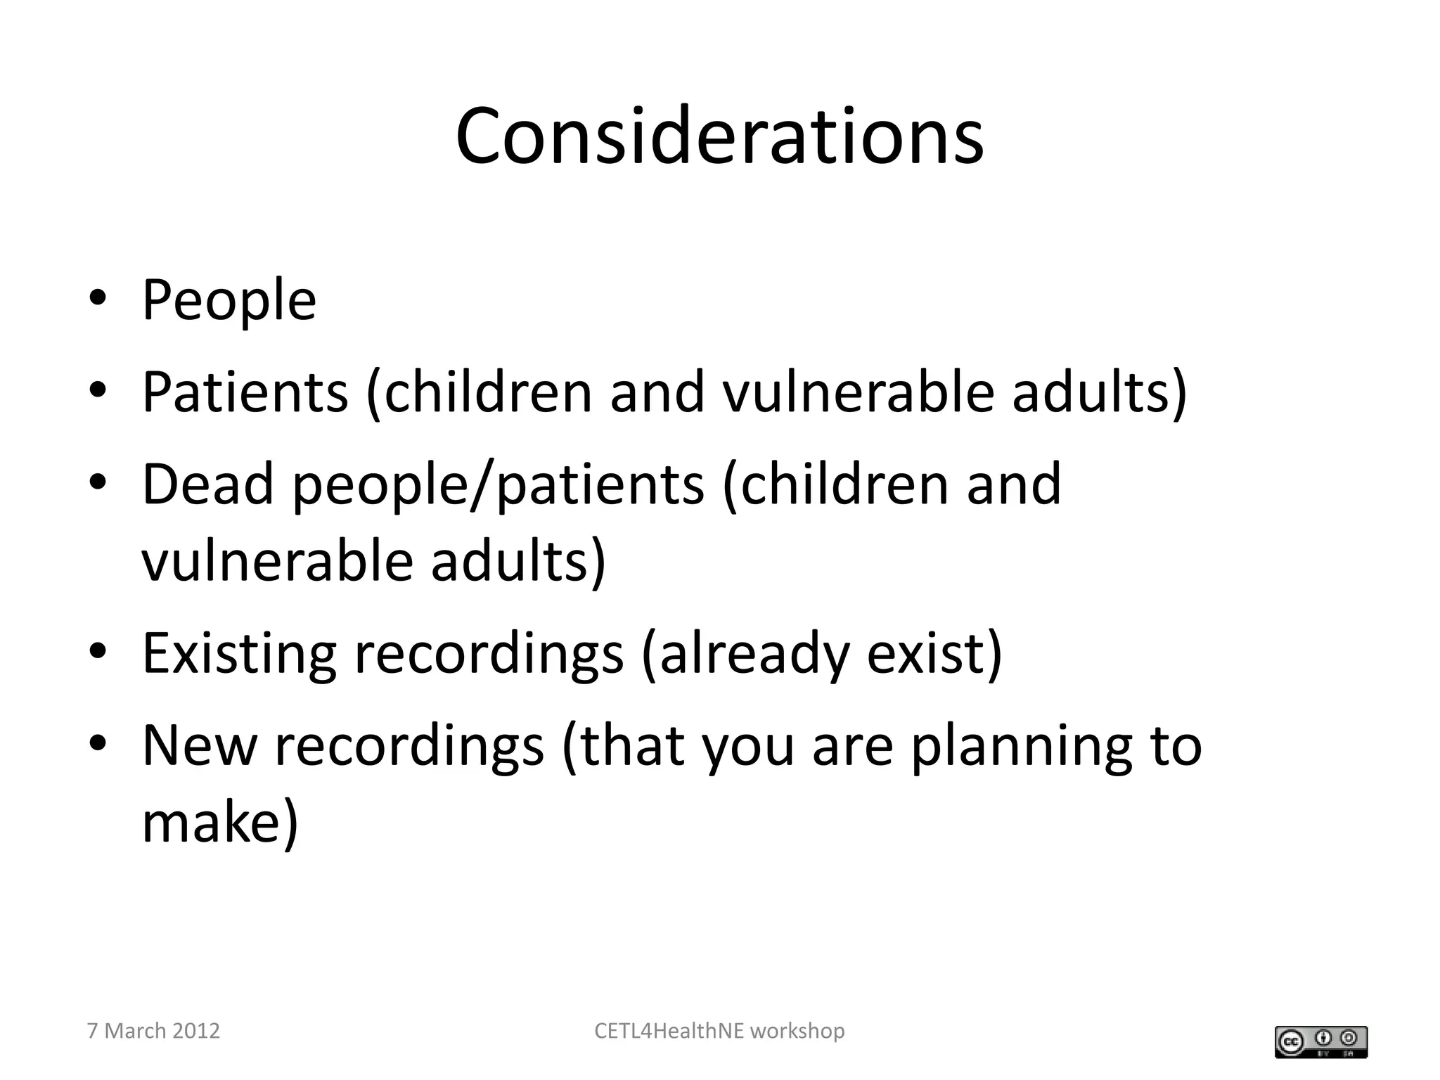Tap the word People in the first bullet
(x=229, y=300)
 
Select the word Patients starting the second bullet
(x=245, y=392)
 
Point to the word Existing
(x=239, y=653)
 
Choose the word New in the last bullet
(x=200, y=745)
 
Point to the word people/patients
(x=498, y=485)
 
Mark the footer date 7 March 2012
(x=153, y=1031)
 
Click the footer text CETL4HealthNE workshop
(x=719, y=1031)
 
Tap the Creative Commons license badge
(x=1320, y=1041)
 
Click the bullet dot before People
(x=98, y=298)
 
